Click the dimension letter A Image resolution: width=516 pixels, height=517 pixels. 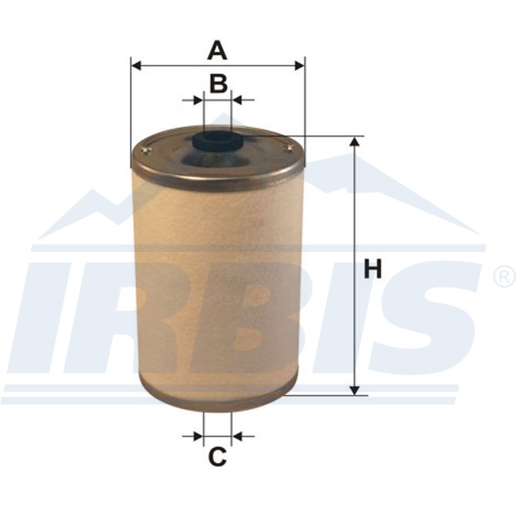[217, 50]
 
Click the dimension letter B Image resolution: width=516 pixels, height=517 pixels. [219, 83]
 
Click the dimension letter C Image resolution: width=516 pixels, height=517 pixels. [217, 457]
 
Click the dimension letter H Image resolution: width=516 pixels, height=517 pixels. [373, 269]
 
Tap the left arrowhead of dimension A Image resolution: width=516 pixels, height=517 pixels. [136, 65]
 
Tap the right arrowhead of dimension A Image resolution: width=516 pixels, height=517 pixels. [300, 65]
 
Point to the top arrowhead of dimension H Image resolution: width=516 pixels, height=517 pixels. [354, 142]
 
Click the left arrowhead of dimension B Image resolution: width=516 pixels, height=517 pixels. [199, 100]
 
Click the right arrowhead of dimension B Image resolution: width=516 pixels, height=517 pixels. [237, 100]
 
